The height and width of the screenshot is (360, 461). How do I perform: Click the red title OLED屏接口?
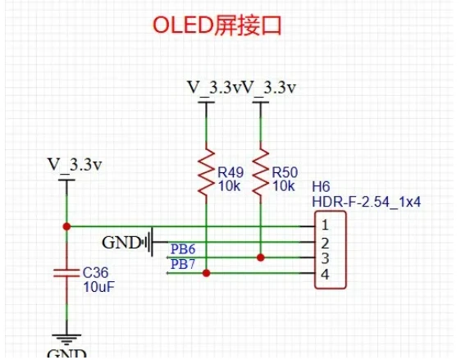pyautogui.click(x=217, y=25)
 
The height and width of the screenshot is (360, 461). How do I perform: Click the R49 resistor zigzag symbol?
pyautogui.click(x=206, y=172)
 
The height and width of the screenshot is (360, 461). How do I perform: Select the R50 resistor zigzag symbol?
pyautogui.click(x=261, y=172)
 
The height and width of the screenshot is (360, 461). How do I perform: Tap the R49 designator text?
pyautogui.click(x=230, y=172)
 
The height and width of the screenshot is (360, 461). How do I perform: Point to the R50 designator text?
pyautogui.click(x=285, y=172)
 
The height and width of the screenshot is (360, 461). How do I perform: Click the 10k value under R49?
pyautogui.click(x=230, y=186)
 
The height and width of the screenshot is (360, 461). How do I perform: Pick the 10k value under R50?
pyautogui.click(x=284, y=186)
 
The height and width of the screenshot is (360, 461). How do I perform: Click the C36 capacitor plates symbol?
pyautogui.click(x=66, y=273)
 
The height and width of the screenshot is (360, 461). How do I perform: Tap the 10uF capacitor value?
pyautogui.click(x=98, y=287)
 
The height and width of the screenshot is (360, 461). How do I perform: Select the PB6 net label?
pyautogui.click(x=183, y=249)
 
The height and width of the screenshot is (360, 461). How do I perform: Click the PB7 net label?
pyautogui.click(x=183, y=264)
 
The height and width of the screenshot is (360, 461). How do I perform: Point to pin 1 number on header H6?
pyautogui.click(x=325, y=225)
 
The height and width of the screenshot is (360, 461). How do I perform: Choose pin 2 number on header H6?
pyautogui.click(x=325, y=244)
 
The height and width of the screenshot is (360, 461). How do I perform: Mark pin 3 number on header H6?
pyautogui.click(x=325, y=258)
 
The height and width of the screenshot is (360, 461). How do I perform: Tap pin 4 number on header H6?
pyautogui.click(x=325, y=275)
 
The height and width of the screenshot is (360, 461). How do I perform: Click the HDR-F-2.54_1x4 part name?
pyautogui.click(x=367, y=203)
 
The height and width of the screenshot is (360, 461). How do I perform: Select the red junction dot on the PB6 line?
pyautogui.click(x=261, y=257)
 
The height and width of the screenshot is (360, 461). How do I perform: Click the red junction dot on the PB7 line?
pyautogui.click(x=207, y=273)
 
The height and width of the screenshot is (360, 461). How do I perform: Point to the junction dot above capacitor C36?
pyautogui.click(x=66, y=226)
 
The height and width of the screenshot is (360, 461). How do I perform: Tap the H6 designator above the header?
pyautogui.click(x=321, y=187)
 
